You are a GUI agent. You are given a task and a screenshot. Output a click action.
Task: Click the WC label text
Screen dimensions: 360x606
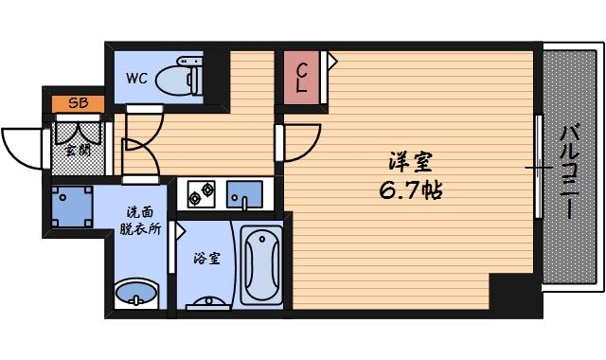(x=137, y=80)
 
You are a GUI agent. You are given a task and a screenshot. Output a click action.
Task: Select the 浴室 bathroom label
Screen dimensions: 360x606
(x=206, y=257)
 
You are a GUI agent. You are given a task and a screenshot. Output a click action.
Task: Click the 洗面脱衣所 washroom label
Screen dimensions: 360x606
(x=140, y=222)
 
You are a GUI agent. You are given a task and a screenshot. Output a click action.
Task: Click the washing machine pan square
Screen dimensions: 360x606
(x=71, y=206)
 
